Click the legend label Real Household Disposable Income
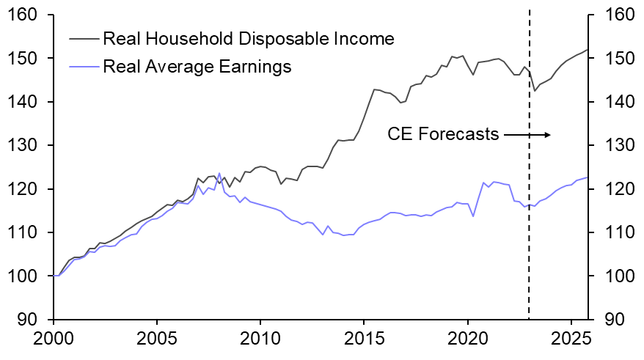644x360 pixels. tap(249, 38)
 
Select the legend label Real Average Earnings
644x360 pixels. tap(197, 67)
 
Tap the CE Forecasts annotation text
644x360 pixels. tap(443, 134)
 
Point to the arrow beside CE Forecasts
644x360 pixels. tap(527, 134)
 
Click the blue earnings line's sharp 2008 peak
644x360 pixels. tap(219, 174)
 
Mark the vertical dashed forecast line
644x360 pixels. tap(530, 220)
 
